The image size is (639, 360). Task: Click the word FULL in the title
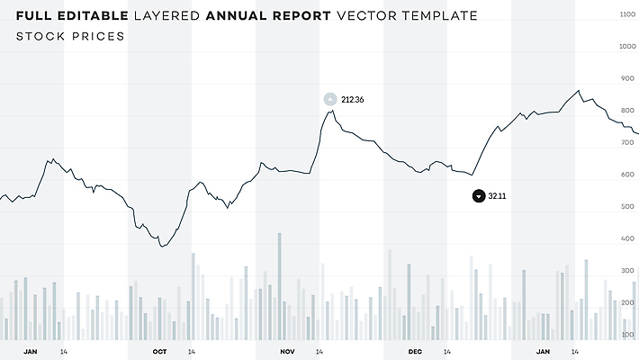tap(37, 16)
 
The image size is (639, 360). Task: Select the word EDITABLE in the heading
tap(94, 16)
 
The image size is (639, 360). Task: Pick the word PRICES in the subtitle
tap(98, 37)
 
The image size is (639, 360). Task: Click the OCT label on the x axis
tap(159, 351)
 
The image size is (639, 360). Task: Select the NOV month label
tap(287, 351)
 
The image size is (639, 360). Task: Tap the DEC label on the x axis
tap(415, 351)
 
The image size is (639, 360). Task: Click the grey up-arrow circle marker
tap(330, 99)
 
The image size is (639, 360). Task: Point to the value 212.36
tap(353, 99)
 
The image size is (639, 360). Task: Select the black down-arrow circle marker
tap(478, 196)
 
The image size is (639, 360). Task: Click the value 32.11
tap(497, 196)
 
